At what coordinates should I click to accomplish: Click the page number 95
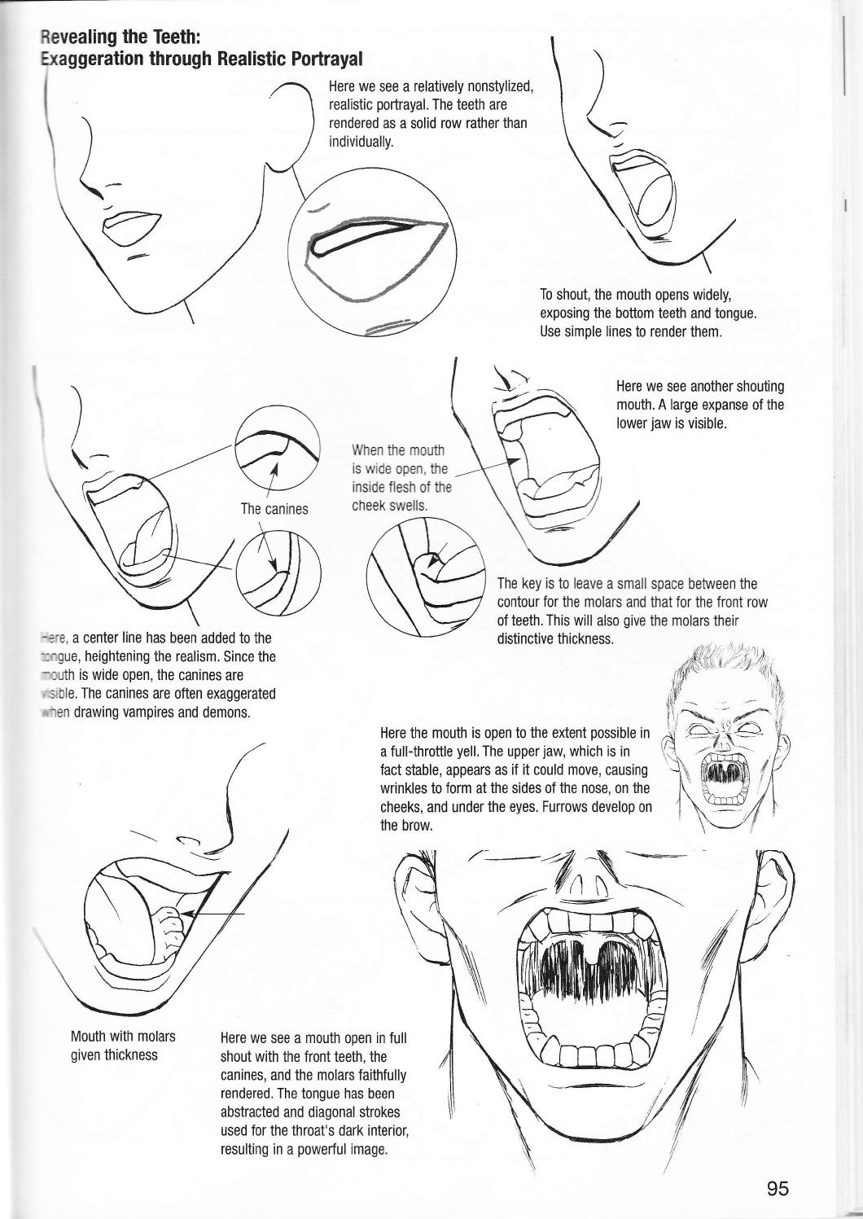tap(778, 1188)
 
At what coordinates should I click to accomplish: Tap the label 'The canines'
tap(274, 509)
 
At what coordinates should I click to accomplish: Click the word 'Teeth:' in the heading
tap(171, 37)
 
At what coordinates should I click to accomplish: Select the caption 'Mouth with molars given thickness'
tap(123, 1046)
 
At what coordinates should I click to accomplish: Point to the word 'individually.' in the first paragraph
tap(361, 141)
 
